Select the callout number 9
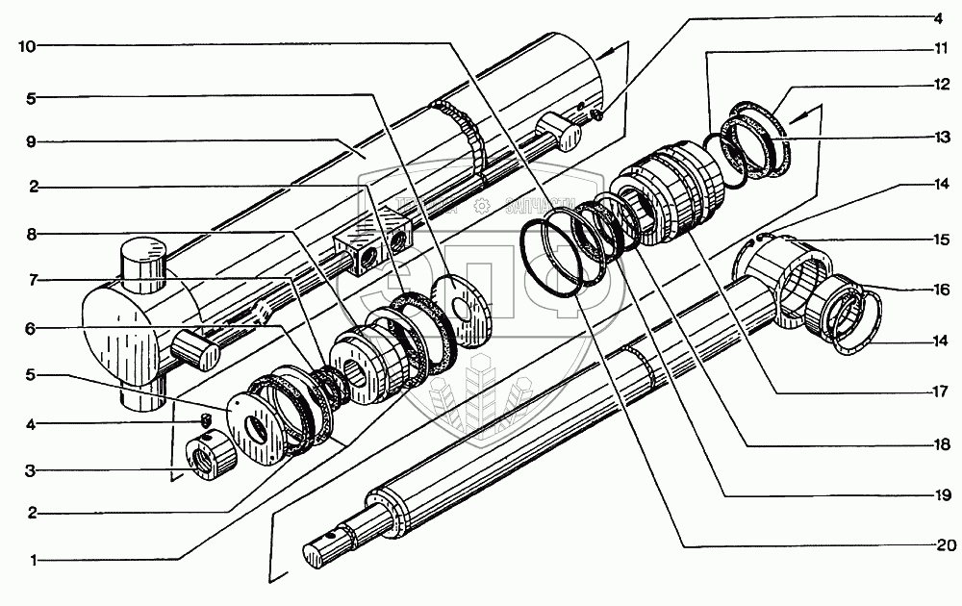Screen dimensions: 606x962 pos(33,141)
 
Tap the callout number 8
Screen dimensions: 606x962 pos(33,234)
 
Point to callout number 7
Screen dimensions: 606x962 pos(33,280)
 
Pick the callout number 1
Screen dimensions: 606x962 pos(33,559)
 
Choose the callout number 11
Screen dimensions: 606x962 pos(938,49)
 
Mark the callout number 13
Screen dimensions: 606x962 pos(938,138)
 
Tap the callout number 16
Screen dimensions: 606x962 pos(938,289)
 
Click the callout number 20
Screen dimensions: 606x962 pos(938,545)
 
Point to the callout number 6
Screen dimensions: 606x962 pos(33,327)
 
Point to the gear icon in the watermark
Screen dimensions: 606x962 pos(482,205)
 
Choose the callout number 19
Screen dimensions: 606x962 pos(938,495)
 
